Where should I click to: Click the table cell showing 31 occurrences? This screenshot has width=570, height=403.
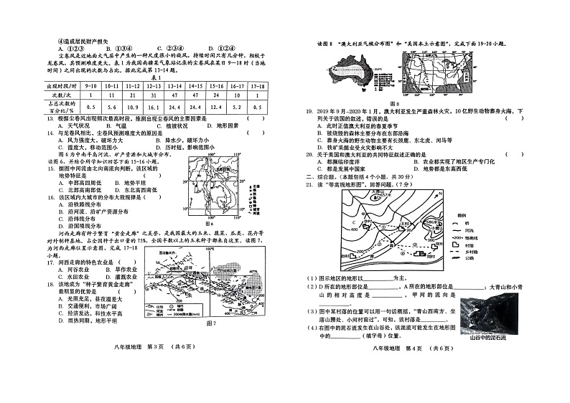pyautogui.click(x=153, y=94)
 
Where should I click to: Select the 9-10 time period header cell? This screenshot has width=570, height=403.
pyautogui.click(x=91, y=85)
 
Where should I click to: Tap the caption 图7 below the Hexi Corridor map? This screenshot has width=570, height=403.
pyautogui.click(x=210, y=323)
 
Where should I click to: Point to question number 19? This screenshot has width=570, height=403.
pyautogui.click(x=310, y=112)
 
